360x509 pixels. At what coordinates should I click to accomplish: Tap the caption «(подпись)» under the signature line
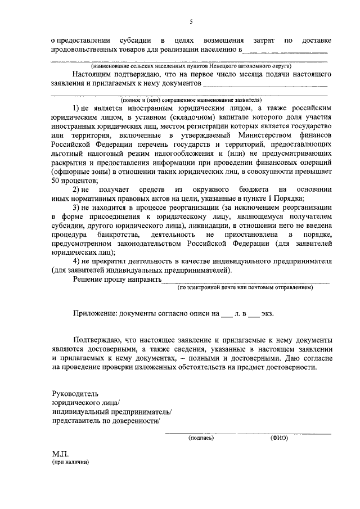click(201, 437)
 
